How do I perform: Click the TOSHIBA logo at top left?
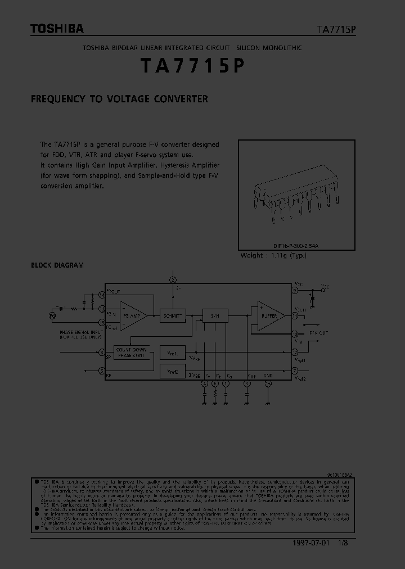57,29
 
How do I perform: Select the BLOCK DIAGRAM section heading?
57,265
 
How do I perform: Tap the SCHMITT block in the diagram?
172,316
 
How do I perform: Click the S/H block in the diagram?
215,317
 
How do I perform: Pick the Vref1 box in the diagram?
172,354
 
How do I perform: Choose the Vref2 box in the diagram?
172,371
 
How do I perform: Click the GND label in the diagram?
268,374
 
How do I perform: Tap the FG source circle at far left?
52,315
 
